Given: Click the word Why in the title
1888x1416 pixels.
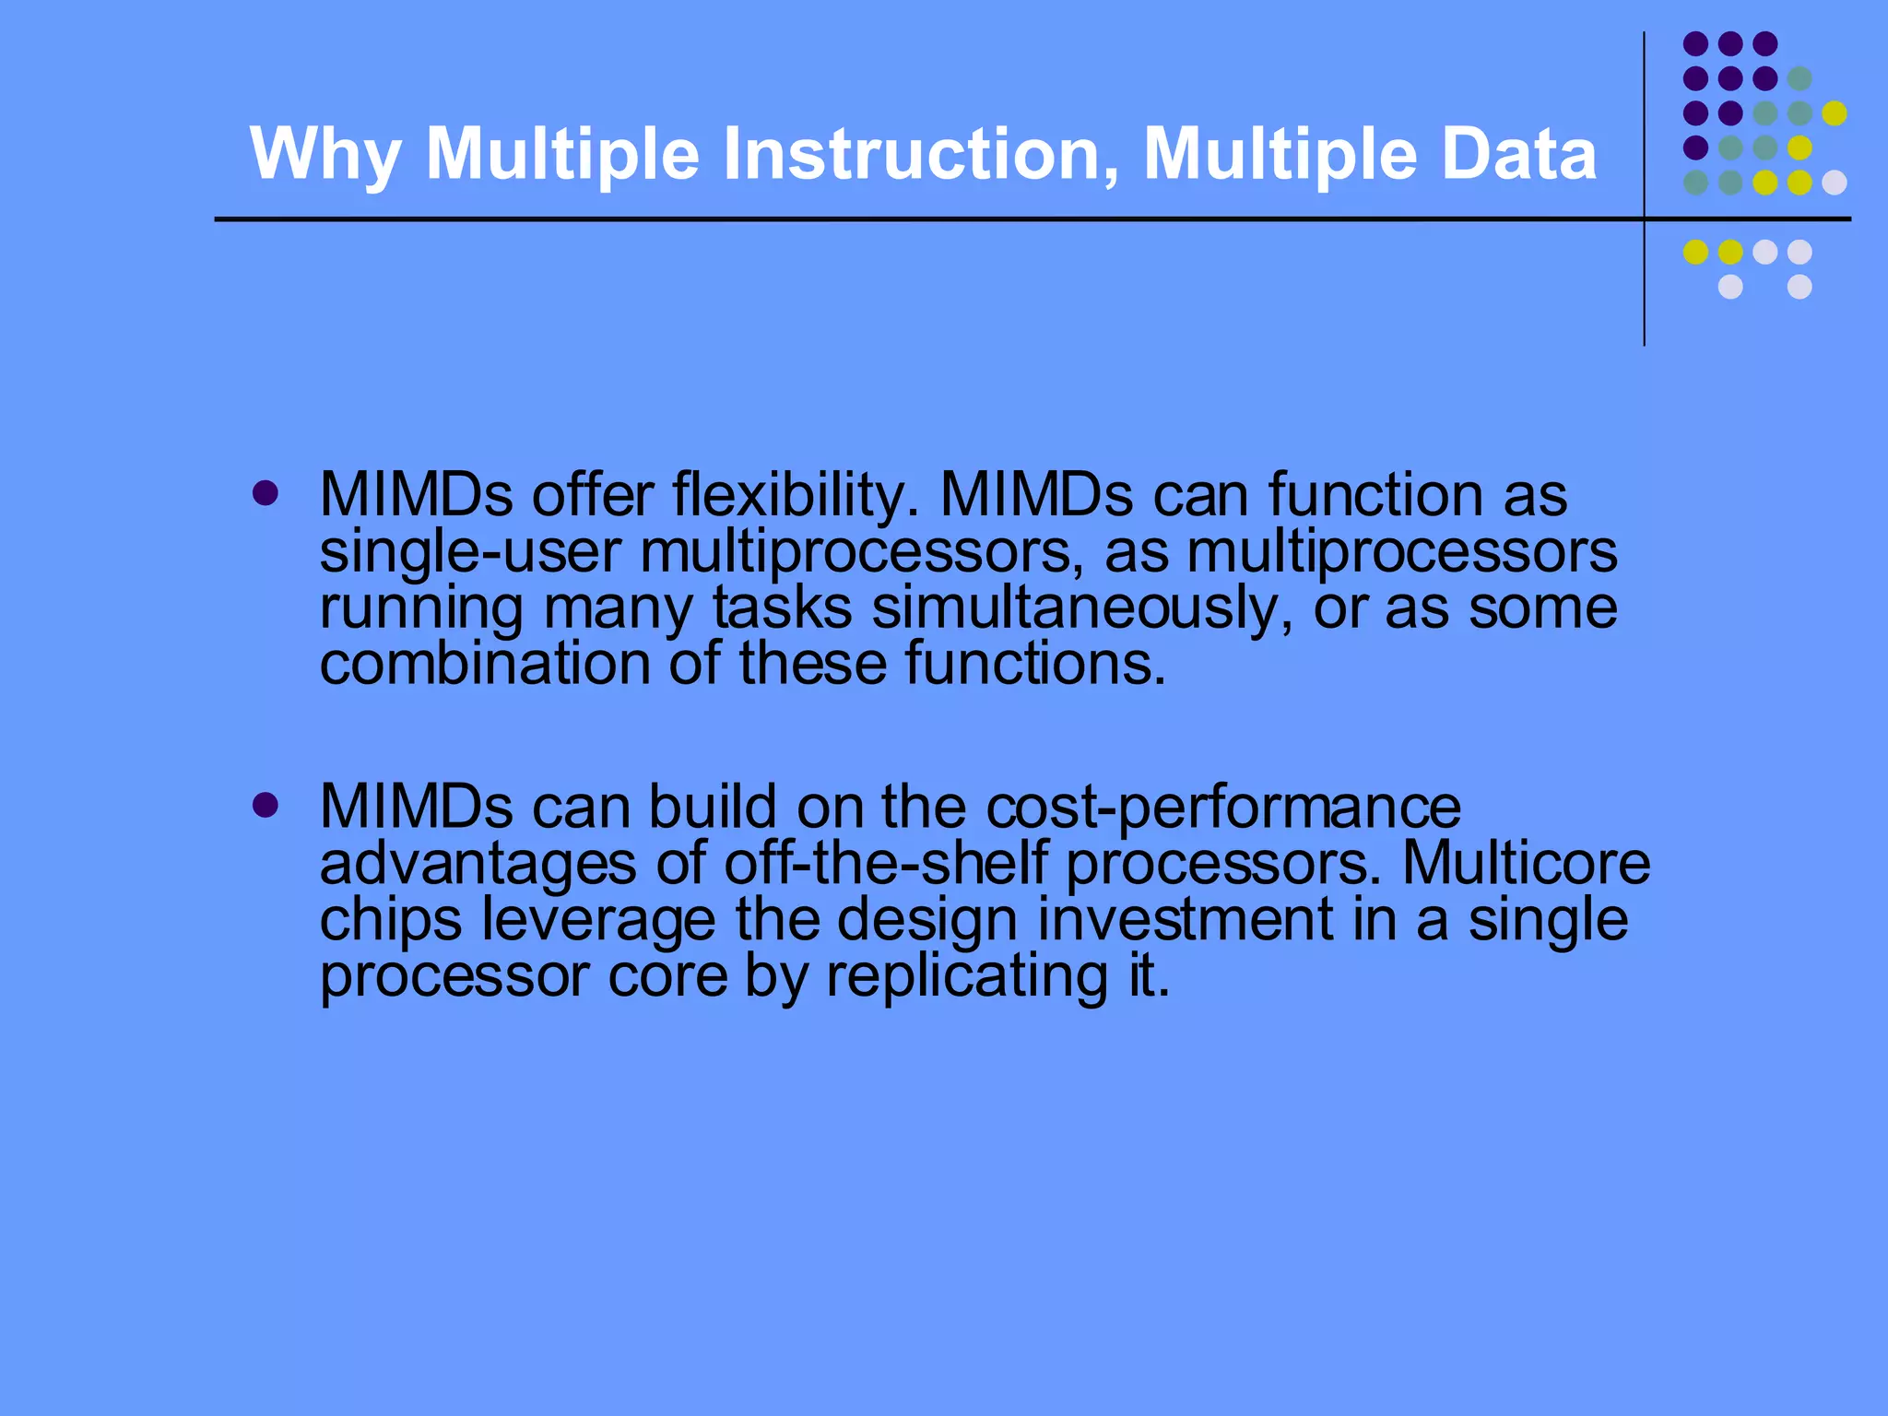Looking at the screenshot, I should (324, 154).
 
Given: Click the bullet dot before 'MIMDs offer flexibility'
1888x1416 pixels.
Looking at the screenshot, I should (265, 494).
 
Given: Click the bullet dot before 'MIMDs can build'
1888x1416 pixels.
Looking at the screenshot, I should (265, 806).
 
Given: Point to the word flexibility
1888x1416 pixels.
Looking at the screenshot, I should (796, 495).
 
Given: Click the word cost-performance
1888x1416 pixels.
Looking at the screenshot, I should (1223, 808).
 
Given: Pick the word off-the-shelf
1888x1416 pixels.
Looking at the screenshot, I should (886, 864).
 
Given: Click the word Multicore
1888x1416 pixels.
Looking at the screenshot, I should (1526, 864).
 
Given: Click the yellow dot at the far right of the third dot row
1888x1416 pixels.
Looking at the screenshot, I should (1834, 113).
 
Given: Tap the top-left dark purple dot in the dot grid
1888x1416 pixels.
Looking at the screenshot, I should (1695, 43).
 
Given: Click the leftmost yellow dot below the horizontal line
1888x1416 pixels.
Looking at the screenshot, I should (1695, 252).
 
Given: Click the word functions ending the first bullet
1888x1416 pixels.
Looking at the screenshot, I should (1034, 664).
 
